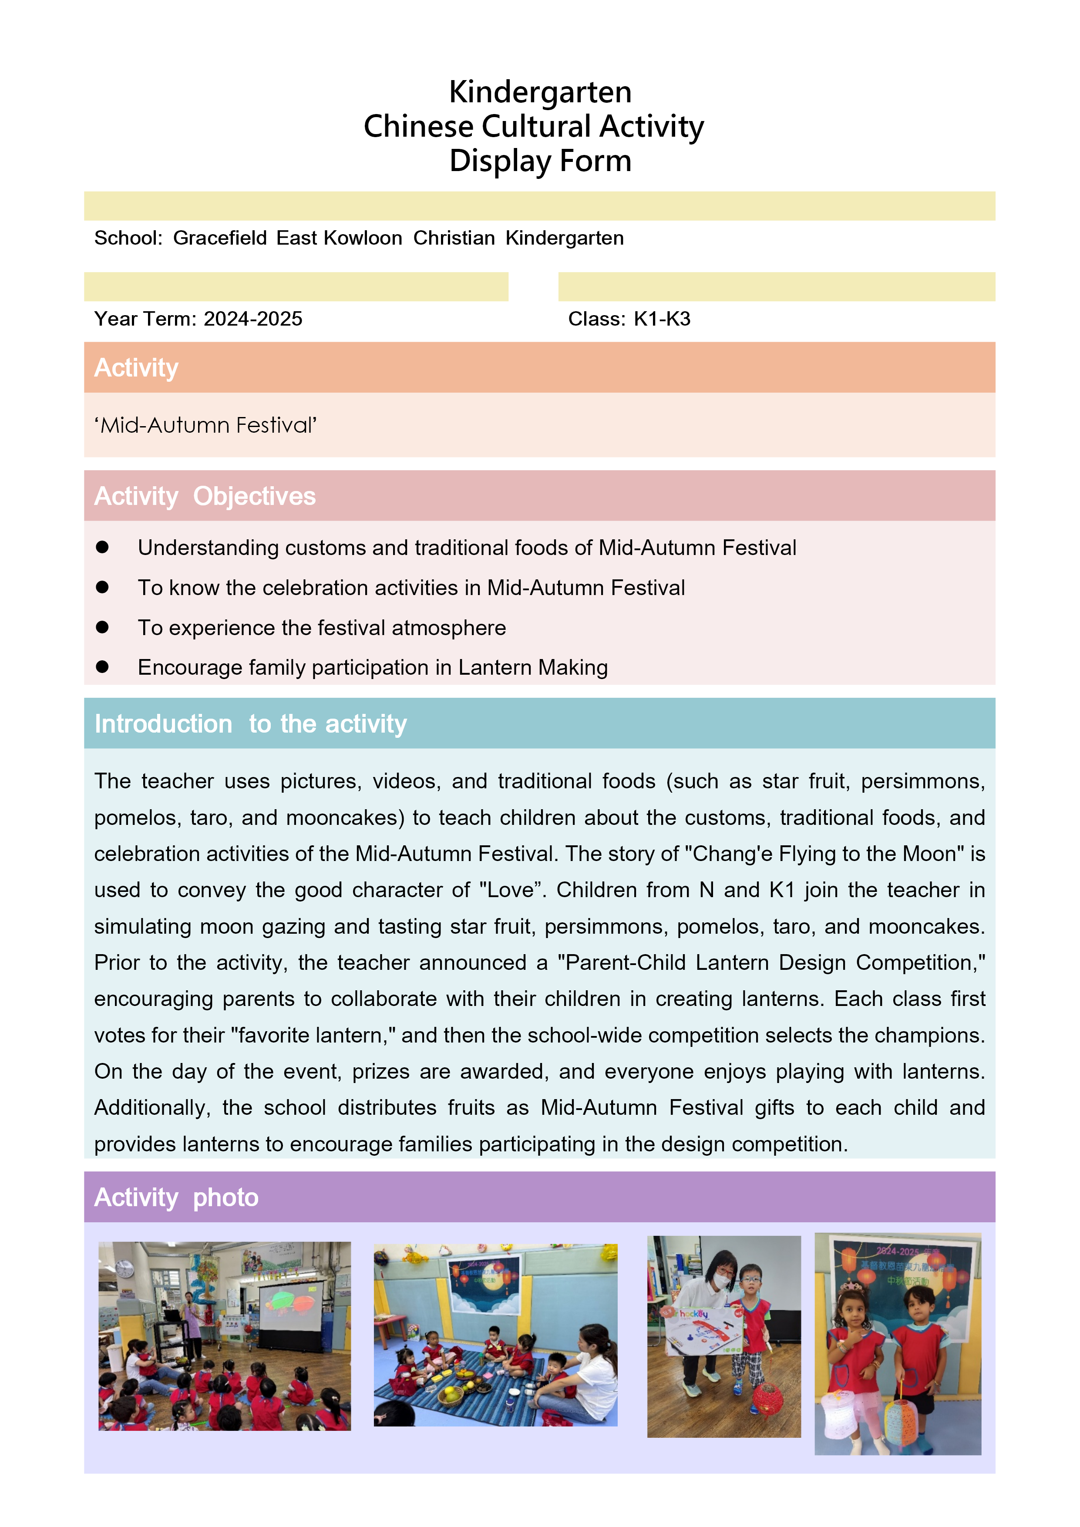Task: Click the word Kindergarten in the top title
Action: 539,92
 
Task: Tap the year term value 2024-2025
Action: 253,319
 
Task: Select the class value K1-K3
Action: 662,319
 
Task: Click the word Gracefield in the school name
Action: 219,238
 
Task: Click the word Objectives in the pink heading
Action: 254,496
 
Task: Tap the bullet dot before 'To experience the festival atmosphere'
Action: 102,627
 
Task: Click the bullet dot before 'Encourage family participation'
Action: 102,667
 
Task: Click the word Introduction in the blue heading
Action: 163,723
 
